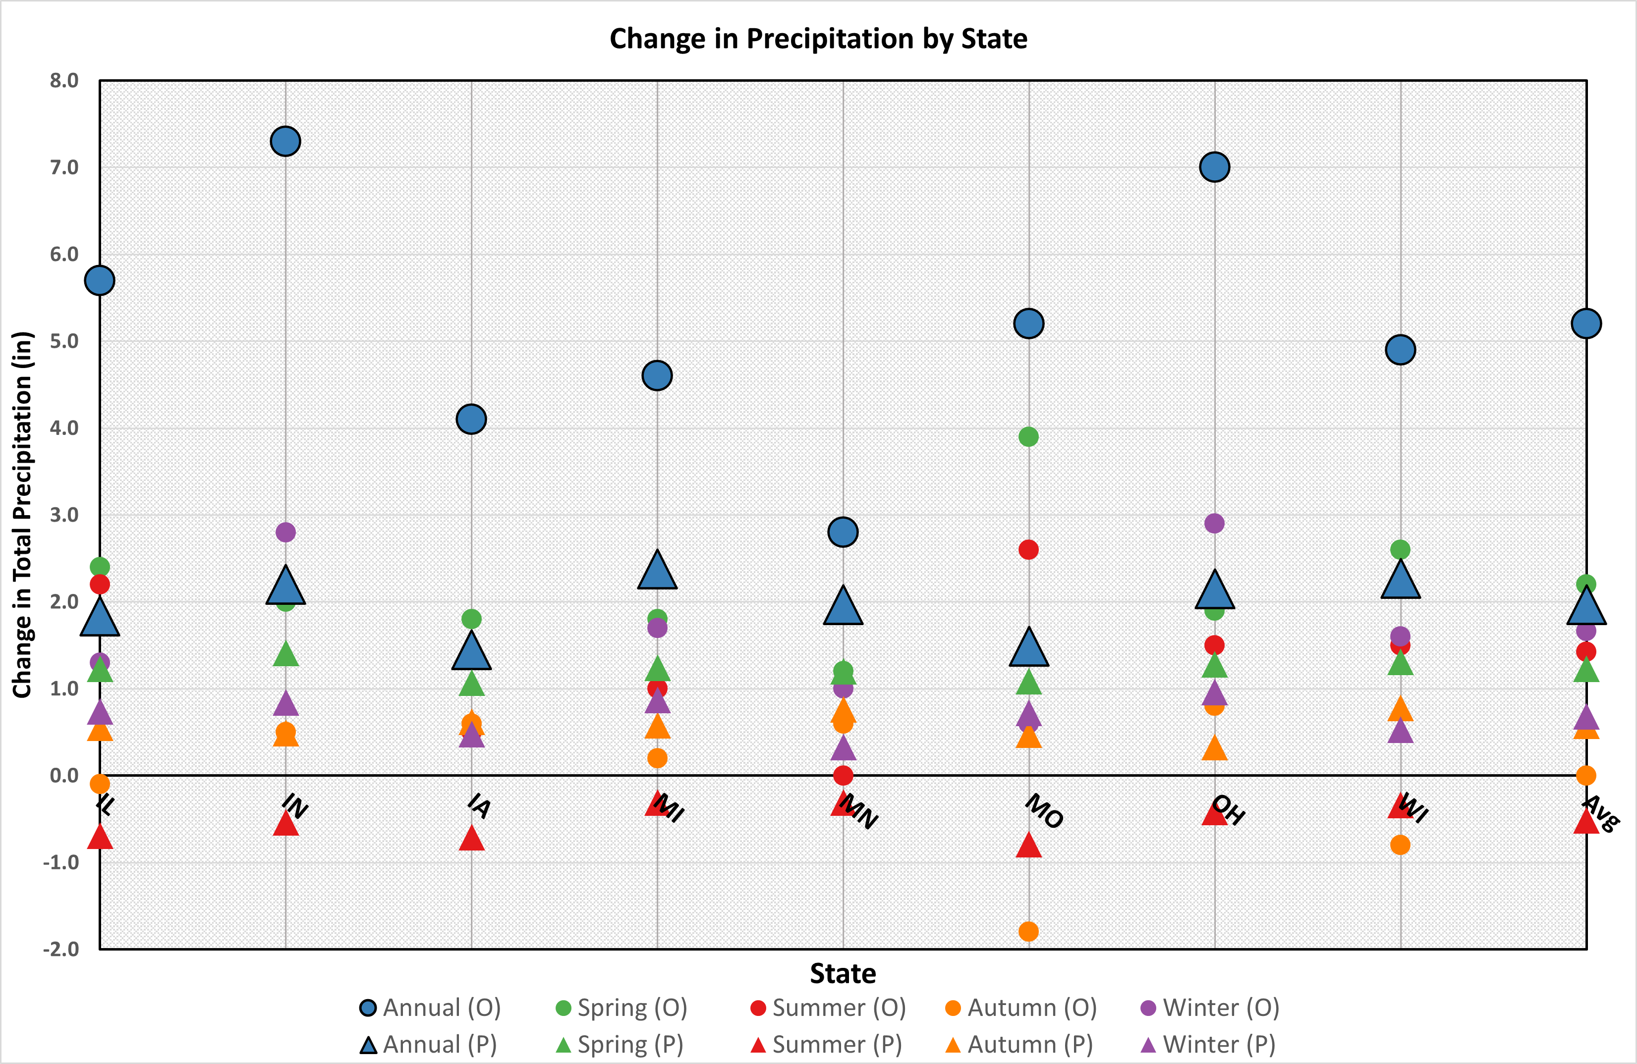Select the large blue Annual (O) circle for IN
click(x=285, y=142)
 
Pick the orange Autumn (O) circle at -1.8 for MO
click(x=1028, y=931)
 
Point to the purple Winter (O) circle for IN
click(x=285, y=532)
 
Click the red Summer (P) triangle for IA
click(x=471, y=839)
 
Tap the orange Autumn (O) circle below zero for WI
click(x=1401, y=845)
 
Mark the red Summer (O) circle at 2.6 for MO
click(x=1028, y=550)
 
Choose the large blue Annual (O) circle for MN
click(x=843, y=532)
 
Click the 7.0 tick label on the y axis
click(x=64, y=167)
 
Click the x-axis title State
click(x=843, y=974)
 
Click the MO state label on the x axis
click(x=1043, y=811)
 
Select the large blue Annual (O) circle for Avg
click(x=1586, y=323)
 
